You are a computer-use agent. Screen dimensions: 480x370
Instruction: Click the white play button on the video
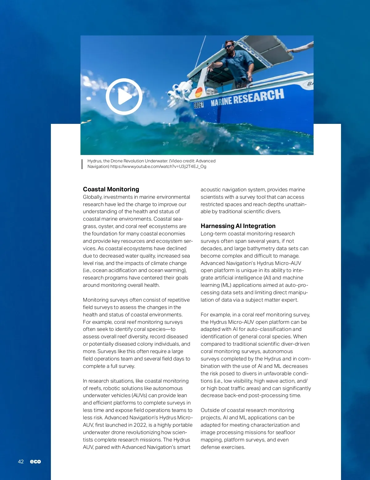click(x=124, y=96)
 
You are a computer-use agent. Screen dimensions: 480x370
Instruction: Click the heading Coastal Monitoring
click(x=111, y=189)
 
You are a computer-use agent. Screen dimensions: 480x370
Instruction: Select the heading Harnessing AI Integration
click(x=238, y=226)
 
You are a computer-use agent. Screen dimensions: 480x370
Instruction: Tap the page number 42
click(x=21, y=462)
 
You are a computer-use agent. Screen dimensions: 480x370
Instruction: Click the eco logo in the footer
click(x=35, y=462)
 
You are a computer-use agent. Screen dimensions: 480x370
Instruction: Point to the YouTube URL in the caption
click(x=158, y=167)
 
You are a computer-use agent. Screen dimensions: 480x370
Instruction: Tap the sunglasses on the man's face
click(x=228, y=47)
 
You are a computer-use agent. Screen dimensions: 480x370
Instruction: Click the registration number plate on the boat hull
click(x=199, y=105)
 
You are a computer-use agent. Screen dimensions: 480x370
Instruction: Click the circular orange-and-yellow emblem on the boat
click(x=199, y=92)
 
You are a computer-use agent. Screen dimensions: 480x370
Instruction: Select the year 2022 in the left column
click(x=140, y=425)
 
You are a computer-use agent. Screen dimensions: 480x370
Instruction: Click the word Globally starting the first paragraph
click(x=92, y=197)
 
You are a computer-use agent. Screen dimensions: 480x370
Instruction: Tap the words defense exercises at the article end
click(x=223, y=447)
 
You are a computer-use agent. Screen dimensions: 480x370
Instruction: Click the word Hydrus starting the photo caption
click(x=94, y=161)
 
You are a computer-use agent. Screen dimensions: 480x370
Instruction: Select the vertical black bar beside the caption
click(x=82, y=164)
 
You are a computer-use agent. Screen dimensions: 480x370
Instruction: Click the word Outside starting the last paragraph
click(x=210, y=410)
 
